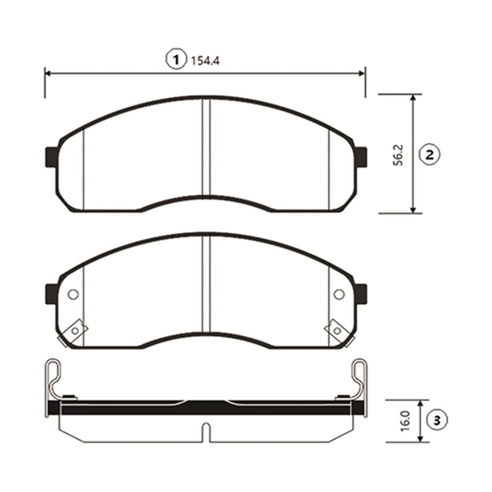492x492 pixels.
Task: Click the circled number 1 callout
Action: click(176, 60)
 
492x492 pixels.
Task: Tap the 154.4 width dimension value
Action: click(205, 61)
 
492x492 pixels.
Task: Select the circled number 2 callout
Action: click(430, 155)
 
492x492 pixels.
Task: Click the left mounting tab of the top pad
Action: click(51, 157)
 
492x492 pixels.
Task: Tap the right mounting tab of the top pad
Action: click(361, 157)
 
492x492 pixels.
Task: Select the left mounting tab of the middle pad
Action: click(51, 294)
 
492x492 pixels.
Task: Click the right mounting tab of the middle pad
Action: click(361, 294)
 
